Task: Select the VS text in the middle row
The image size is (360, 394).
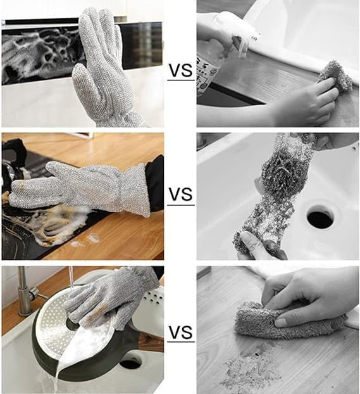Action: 180,194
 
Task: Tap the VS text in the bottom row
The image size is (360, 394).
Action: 180,331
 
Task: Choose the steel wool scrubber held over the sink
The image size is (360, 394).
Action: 278,190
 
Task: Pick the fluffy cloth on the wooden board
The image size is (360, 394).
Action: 285,320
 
